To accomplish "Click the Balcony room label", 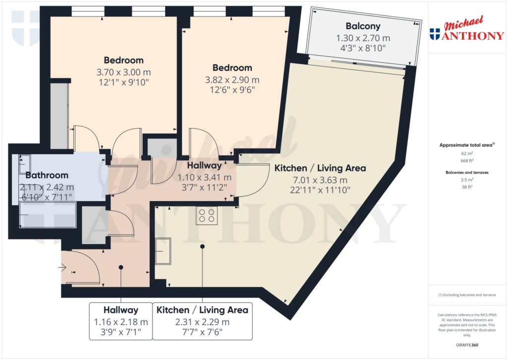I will pos(363,26).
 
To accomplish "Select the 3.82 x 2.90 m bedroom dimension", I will pos(232,79).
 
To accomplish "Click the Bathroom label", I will pos(47,175).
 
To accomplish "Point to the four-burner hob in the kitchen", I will pos(206,215).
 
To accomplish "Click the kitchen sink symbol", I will pos(163,251).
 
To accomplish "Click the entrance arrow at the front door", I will pos(63,268).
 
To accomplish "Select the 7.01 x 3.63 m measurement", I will pos(320,180).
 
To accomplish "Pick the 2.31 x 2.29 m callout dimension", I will pos(202,322).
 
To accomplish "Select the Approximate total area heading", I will pos(467,145).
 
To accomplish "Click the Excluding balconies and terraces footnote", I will pos(467,295).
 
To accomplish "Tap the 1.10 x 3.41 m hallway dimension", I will pos(204,177).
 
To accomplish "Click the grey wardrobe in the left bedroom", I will pos(60,116).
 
